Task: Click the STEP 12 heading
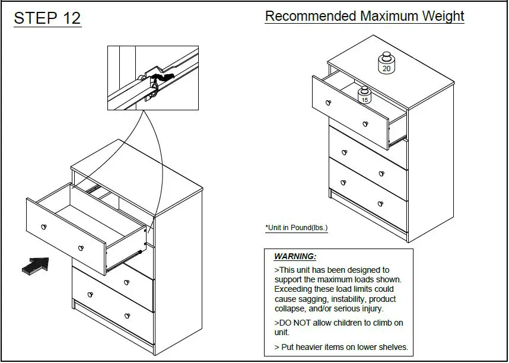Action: [47, 18]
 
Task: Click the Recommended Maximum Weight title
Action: [364, 16]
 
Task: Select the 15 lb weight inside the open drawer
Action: [364, 95]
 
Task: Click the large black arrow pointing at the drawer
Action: [35, 265]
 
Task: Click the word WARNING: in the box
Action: [295, 257]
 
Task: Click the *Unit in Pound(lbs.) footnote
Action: [296, 228]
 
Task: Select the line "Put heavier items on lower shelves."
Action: [341, 347]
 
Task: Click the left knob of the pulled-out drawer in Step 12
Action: [43, 227]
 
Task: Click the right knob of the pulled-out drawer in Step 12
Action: [81, 247]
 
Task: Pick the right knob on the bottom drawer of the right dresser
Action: [380, 204]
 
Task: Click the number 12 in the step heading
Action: [69, 18]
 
